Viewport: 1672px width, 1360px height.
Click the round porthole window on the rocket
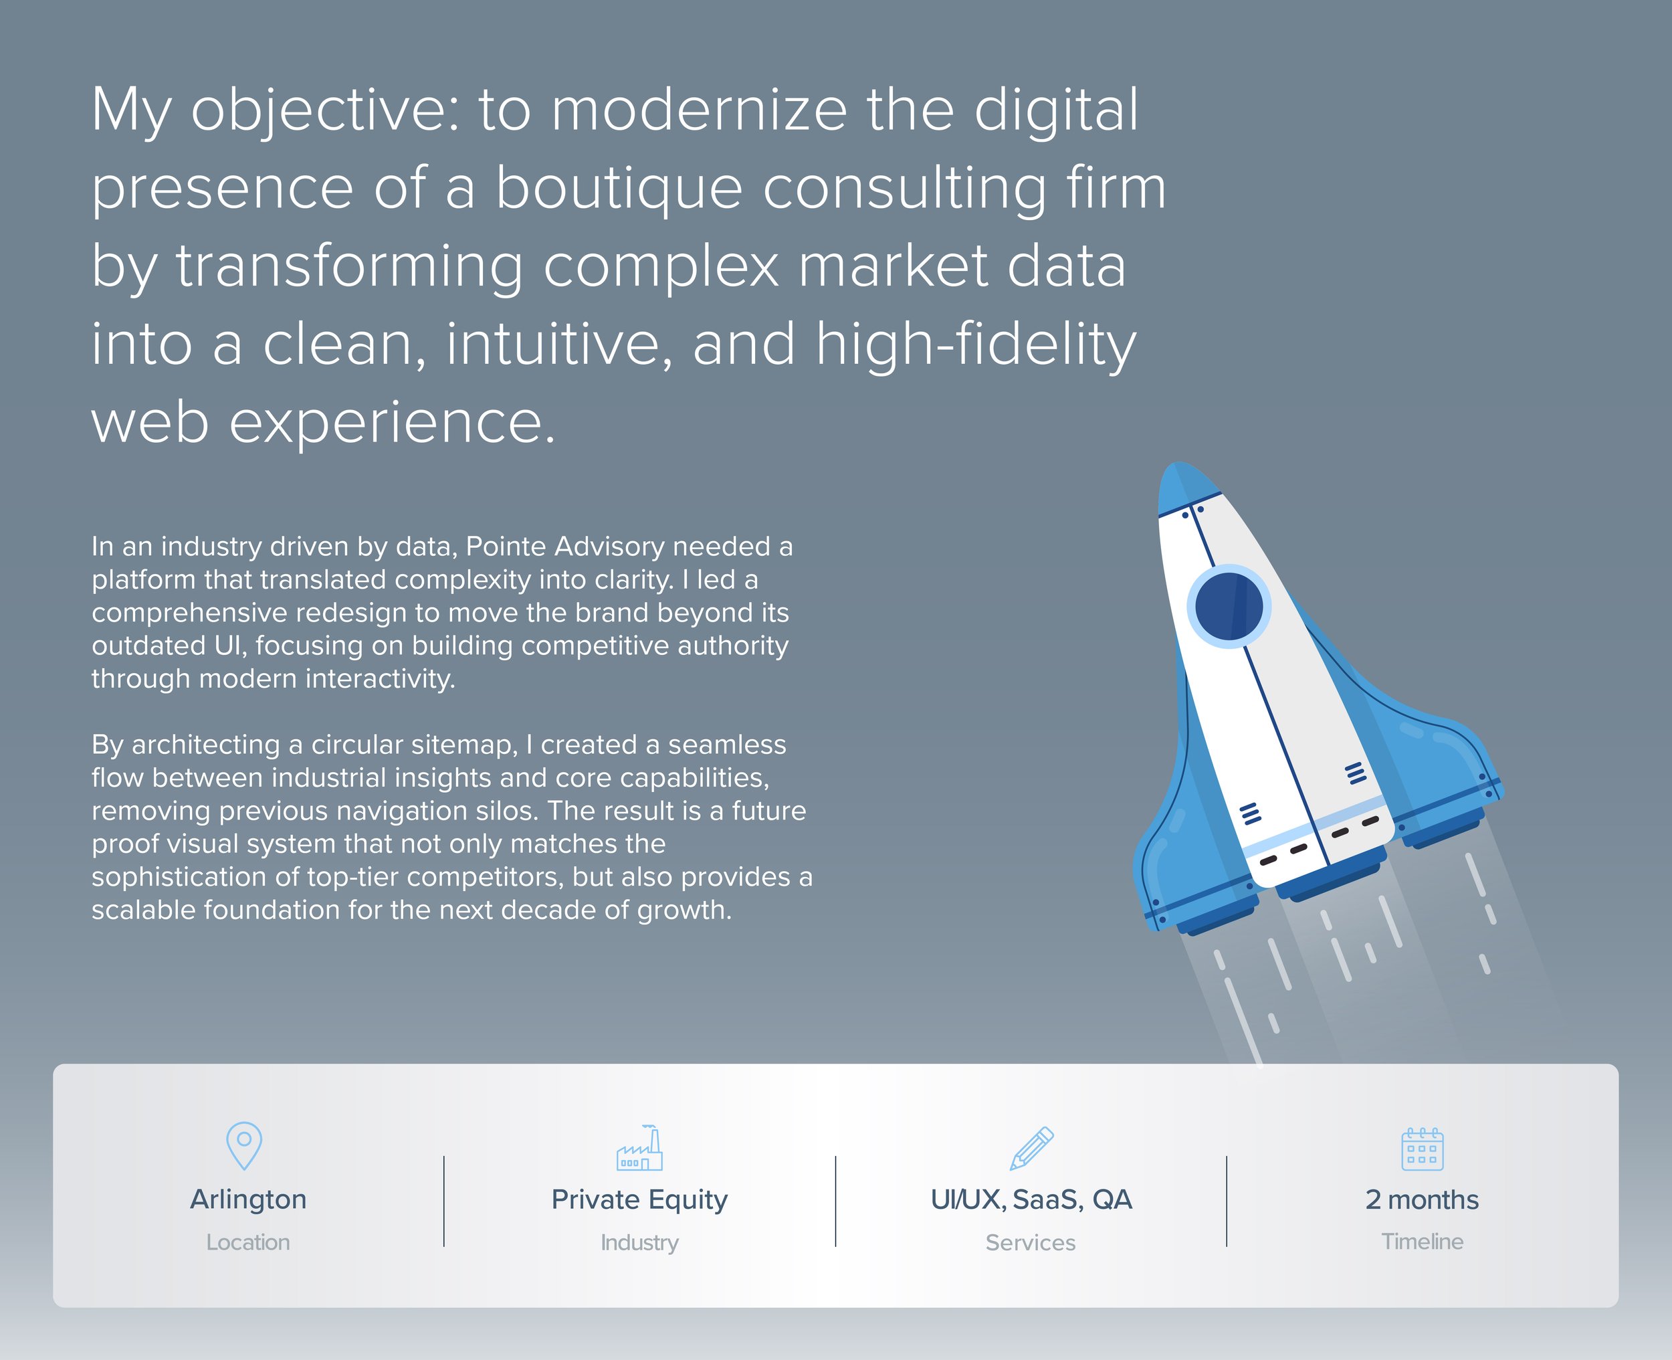[1229, 606]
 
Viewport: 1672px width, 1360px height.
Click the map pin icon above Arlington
[243, 1145]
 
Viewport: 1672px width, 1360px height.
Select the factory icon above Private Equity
[640, 1149]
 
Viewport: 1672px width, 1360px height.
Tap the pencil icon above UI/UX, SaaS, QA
[1031, 1149]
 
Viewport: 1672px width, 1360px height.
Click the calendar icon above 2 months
[1422, 1149]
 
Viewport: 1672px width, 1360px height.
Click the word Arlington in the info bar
[248, 1199]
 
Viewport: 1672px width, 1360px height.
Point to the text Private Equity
[639, 1199]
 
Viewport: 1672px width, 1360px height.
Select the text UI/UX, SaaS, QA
[1031, 1199]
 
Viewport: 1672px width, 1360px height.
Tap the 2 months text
[1422, 1199]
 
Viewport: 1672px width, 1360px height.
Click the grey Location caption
[248, 1242]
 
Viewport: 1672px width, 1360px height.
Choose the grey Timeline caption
[1422, 1242]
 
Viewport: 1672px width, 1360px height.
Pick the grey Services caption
[1031, 1242]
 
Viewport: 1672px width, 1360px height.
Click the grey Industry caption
[640, 1242]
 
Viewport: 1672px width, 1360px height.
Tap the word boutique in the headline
[619, 189]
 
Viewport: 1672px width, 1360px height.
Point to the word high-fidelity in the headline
[975, 345]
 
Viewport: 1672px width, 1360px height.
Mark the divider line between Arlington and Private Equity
[444, 1201]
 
